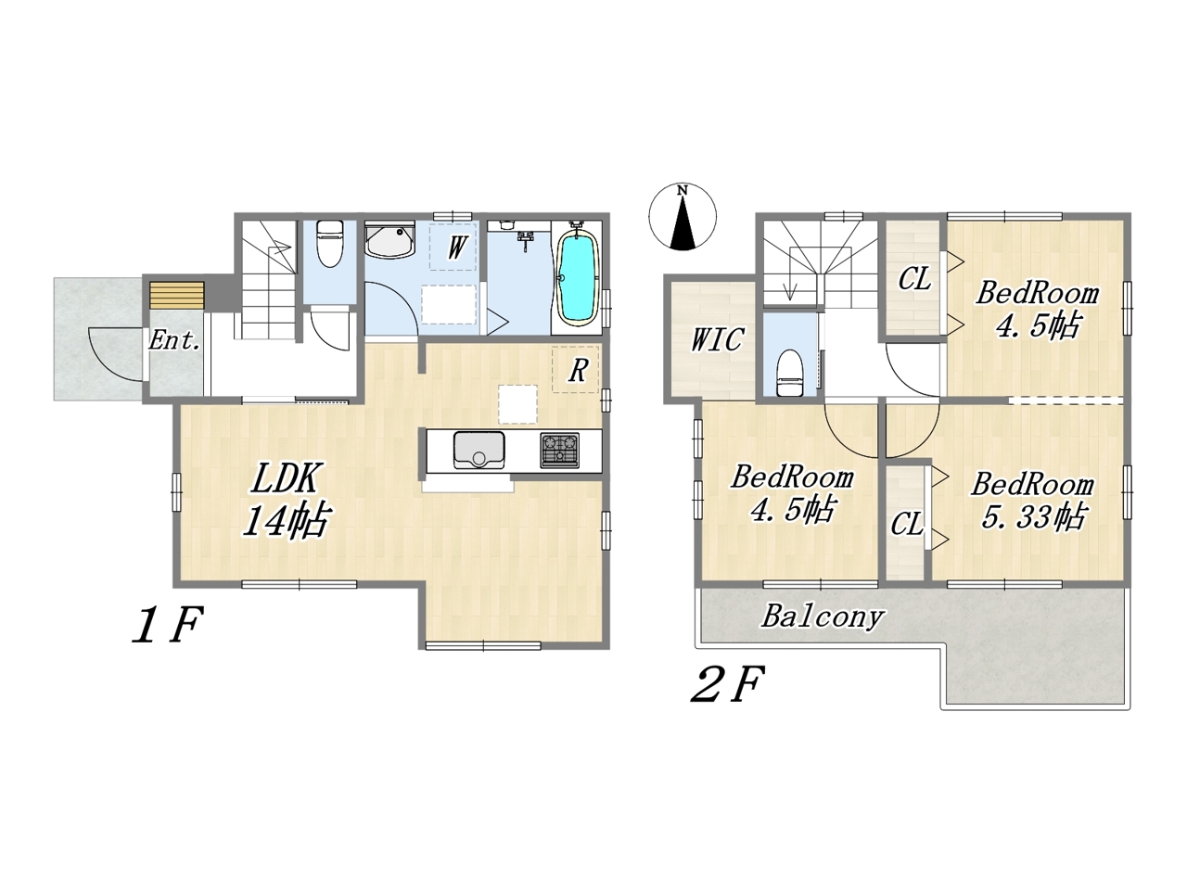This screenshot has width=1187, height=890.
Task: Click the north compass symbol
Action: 683,217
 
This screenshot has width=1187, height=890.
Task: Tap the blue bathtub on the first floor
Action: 578,276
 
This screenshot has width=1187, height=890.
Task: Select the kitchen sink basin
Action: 479,450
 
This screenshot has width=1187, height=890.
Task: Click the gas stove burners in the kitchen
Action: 560,451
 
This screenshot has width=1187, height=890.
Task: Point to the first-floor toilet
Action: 329,243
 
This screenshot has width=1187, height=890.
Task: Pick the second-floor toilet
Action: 789,373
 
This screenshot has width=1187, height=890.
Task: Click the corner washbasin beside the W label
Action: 389,240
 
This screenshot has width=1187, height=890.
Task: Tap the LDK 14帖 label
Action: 286,500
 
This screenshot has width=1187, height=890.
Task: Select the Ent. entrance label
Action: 174,340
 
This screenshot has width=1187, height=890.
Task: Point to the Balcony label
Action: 822,617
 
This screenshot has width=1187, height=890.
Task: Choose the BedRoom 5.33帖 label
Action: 1030,501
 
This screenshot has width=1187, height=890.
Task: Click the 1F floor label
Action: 168,625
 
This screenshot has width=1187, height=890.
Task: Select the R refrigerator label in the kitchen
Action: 578,371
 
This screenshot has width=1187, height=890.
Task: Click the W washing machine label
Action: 456,248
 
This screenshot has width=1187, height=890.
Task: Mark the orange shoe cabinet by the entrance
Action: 177,296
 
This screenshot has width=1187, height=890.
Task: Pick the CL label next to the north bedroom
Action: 915,279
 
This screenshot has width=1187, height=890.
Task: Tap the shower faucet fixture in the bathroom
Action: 525,240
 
